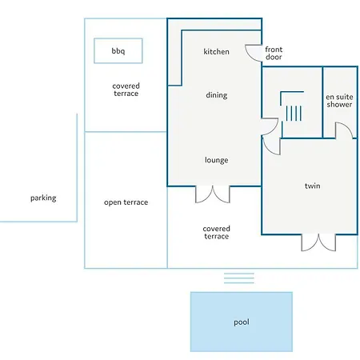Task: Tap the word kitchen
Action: click(x=216, y=51)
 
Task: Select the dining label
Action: click(x=217, y=95)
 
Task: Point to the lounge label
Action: click(x=216, y=160)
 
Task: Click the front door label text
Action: click(x=274, y=53)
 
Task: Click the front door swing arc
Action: click(x=250, y=57)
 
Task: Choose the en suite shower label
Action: click(x=339, y=101)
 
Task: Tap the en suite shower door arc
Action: click(x=348, y=127)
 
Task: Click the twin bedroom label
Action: click(x=312, y=186)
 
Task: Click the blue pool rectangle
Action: click(x=242, y=322)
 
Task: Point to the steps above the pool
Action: click(x=239, y=278)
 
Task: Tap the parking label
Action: click(x=43, y=198)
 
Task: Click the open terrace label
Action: click(x=126, y=202)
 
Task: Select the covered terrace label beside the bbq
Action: click(x=126, y=90)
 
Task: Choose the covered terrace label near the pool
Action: click(x=216, y=232)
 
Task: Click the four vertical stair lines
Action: click(x=294, y=114)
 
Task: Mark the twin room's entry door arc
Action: click(x=270, y=150)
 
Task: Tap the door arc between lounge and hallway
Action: click(x=274, y=130)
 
